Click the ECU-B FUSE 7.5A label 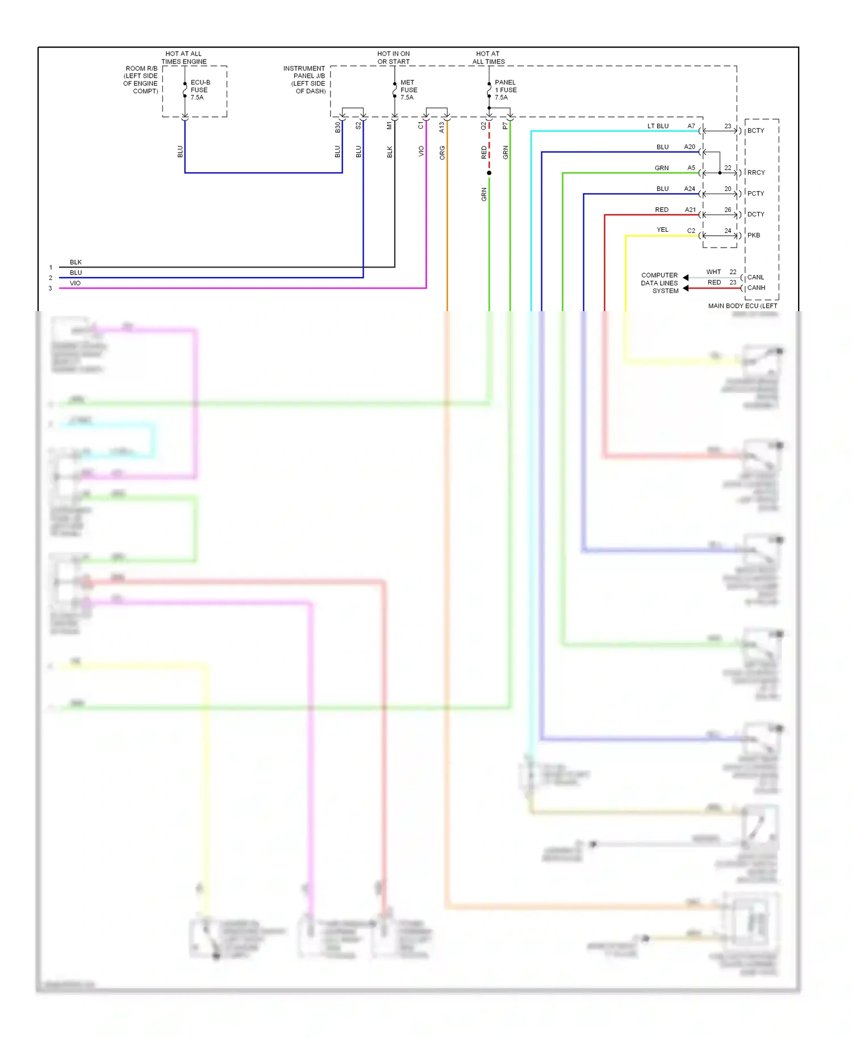click(199, 90)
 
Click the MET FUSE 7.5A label click(408, 90)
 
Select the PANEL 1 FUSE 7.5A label click(505, 90)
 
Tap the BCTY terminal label click(755, 131)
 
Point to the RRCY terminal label click(756, 173)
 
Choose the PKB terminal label click(754, 235)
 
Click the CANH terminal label click(756, 288)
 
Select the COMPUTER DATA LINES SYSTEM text click(659, 283)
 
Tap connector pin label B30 click(337, 127)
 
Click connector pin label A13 click(441, 127)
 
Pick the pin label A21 click(690, 210)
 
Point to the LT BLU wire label click(658, 126)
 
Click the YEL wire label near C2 click(662, 230)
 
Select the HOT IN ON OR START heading click(394, 57)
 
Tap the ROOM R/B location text click(141, 79)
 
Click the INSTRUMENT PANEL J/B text click(304, 79)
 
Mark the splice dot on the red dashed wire click(489, 173)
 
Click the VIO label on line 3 click(75, 283)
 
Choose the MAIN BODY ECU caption click(742, 305)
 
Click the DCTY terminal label click(755, 214)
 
